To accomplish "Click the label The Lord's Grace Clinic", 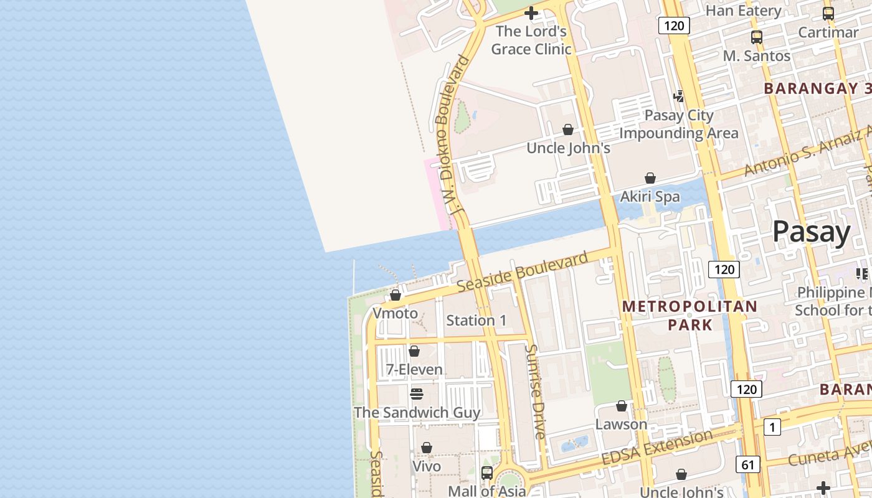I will [x=531, y=40].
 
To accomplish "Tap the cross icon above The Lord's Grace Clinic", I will [x=531, y=12].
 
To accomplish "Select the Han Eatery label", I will [x=743, y=11].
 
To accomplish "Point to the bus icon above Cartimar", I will [x=828, y=13].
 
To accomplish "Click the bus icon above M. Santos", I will [x=757, y=37].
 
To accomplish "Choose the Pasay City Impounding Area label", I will [x=679, y=124].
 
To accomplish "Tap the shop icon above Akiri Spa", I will [x=650, y=178].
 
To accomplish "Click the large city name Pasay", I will [x=812, y=232].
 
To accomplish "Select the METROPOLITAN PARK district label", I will [x=690, y=315].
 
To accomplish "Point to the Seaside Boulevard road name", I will [x=522, y=271].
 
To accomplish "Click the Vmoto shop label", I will [x=396, y=313].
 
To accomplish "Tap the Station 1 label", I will [x=476, y=321].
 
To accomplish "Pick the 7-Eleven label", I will [x=414, y=370].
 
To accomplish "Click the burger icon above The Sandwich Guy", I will [x=417, y=394].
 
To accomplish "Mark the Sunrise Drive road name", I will [x=536, y=391].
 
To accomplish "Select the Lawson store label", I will [x=622, y=424].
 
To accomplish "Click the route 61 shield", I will [x=747, y=464].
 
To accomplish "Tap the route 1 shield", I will [x=772, y=427].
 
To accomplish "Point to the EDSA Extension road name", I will [x=657, y=447].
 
